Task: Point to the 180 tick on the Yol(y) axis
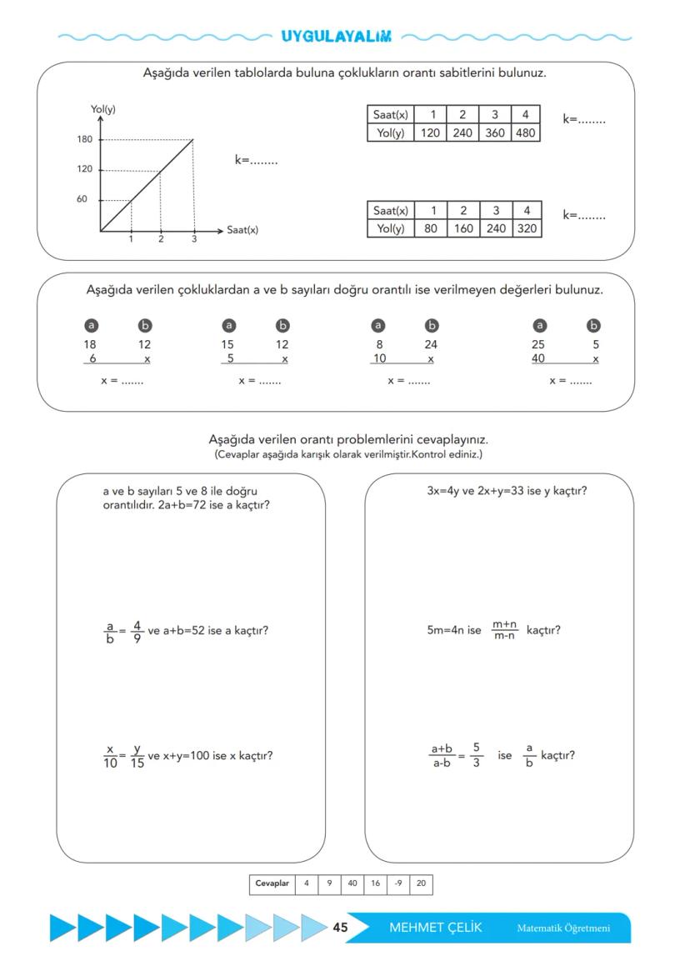tap(85, 139)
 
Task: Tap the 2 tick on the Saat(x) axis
tap(162, 240)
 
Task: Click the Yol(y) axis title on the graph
tap(103, 110)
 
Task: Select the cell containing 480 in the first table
tap(526, 133)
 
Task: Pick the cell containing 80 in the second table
tap(431, 228)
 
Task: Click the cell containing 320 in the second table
tap(526, 228)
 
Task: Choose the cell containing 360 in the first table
tap(494, 133)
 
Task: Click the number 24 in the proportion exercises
tap(431, 344)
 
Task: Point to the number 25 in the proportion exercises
tap(538, 344)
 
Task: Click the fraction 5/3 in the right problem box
tap(477, 757)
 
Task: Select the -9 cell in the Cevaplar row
tap(404, 884)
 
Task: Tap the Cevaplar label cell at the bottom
tap(272, 884)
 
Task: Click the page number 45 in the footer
tap(340, 928)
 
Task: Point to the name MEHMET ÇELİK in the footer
tap(435, 928)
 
